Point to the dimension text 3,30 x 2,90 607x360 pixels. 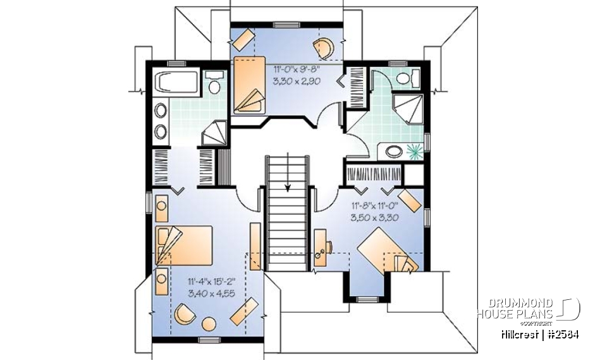[x=297, y=81]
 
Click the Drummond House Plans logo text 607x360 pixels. [x=515, y=308]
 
